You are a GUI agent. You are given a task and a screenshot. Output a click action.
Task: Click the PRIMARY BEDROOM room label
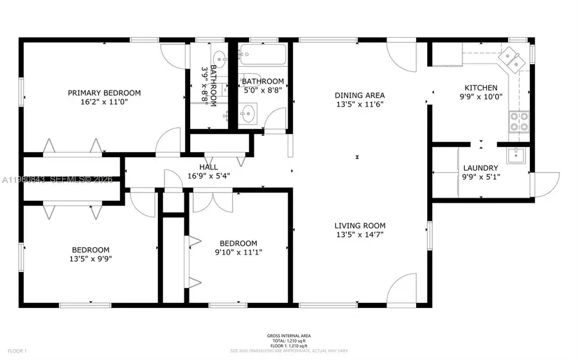[x=104, y=93]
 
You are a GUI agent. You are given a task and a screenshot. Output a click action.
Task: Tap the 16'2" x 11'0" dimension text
[x=104, y=102]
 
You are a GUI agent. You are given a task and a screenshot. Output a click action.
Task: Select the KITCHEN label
[x=481, y=88]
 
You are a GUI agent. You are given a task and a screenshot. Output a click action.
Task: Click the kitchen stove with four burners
[x=518, y=121]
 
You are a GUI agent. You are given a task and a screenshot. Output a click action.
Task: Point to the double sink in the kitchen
[x=514, y=60]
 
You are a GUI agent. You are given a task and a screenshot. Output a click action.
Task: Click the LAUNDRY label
[x=480, y=168]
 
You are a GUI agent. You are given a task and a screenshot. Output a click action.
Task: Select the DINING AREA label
[x=360, y=96]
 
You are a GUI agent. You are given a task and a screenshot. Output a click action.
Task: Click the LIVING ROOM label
[x=360, y=226]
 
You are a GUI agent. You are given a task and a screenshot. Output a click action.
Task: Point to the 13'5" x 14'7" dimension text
[x=360, y=235]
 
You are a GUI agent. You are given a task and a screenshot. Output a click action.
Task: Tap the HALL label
[x=208, y=167]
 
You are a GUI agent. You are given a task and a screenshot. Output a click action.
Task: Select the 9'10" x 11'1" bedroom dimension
[x=238, y=252]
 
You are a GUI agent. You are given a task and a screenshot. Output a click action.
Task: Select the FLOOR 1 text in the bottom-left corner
[x=17, y=351]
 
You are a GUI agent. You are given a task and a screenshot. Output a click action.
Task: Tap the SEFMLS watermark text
[x=77, y=180]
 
